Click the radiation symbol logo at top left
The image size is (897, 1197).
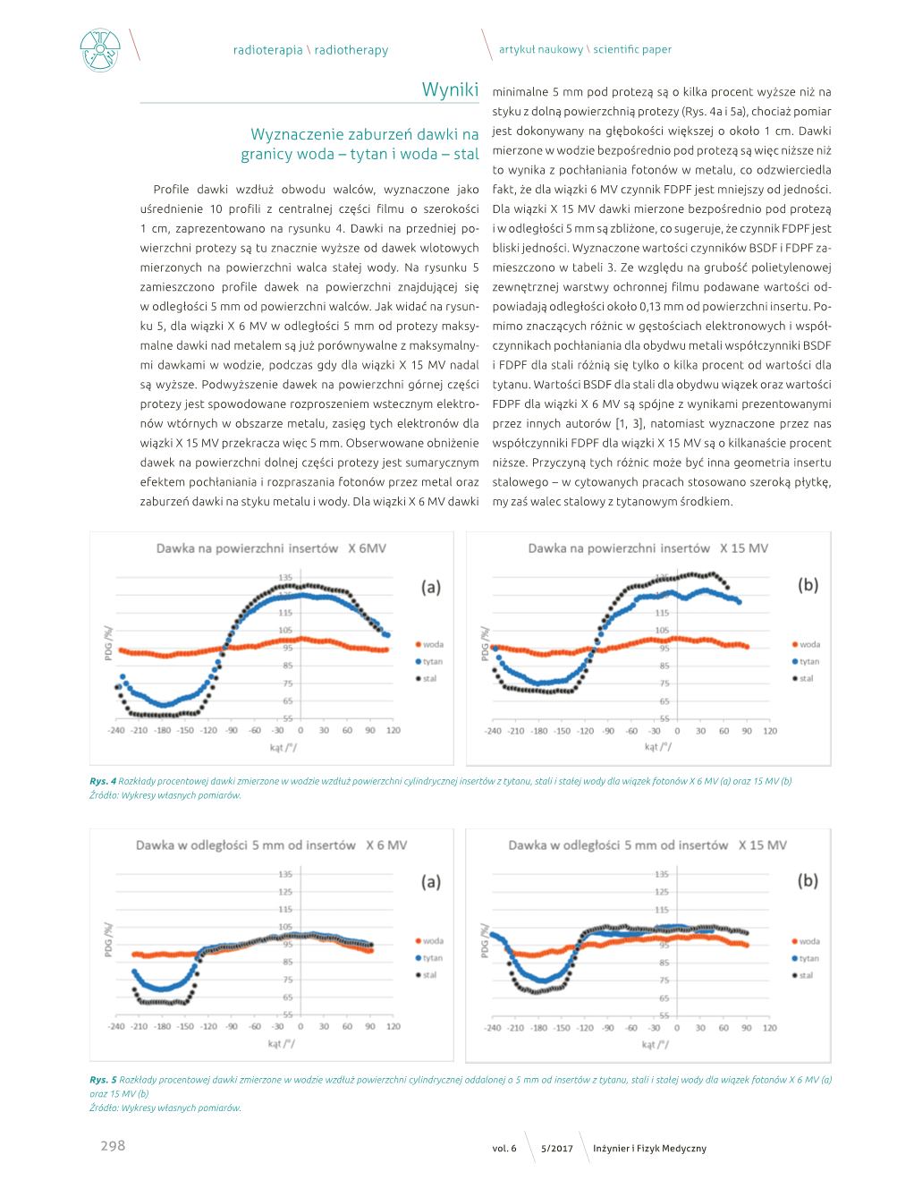pos(100,50)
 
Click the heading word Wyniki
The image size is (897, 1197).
pos(450,89)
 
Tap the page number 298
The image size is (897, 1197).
pos(113,1145)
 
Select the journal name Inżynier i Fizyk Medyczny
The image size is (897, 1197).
pos(649,1148)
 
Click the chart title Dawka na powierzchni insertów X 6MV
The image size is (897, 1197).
pos(271,548)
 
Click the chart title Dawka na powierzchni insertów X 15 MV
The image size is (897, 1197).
pos(648,548)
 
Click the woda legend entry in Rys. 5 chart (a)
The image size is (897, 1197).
pos(429,941)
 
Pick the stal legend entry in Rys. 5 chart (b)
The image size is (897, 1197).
pos(803,975)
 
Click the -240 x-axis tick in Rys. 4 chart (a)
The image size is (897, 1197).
pos(116,730)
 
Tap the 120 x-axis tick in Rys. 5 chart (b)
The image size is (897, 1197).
pos(769,1027)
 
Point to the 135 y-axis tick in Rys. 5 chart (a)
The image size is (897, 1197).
pos(285,874)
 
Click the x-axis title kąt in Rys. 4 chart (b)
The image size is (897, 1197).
pos(657,746)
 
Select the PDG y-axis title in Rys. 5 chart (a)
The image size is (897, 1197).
pos(108,940)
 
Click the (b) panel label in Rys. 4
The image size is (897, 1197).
pos(808,585)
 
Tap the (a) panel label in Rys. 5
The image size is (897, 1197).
pos(430,882)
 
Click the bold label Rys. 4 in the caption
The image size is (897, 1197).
pos(103,781)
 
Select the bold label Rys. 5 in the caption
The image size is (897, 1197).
pos(103,1079)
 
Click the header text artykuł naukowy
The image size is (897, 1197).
pos(540,49)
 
